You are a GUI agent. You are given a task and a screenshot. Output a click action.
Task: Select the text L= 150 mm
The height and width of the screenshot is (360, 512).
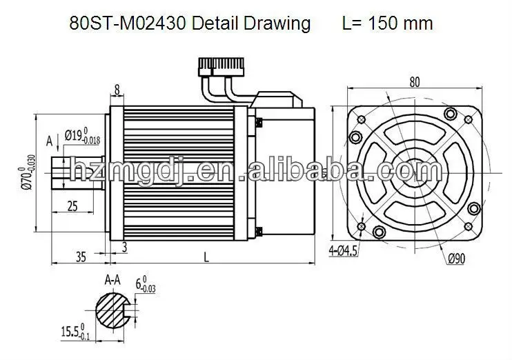(387, 23)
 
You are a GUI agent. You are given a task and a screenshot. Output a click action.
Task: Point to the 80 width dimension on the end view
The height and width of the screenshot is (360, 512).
(414, 82)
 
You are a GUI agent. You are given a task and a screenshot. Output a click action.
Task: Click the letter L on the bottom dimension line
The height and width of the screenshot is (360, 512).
(206, 257)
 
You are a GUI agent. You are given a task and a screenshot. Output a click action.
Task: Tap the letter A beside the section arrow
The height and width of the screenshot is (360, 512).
(49, 141)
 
